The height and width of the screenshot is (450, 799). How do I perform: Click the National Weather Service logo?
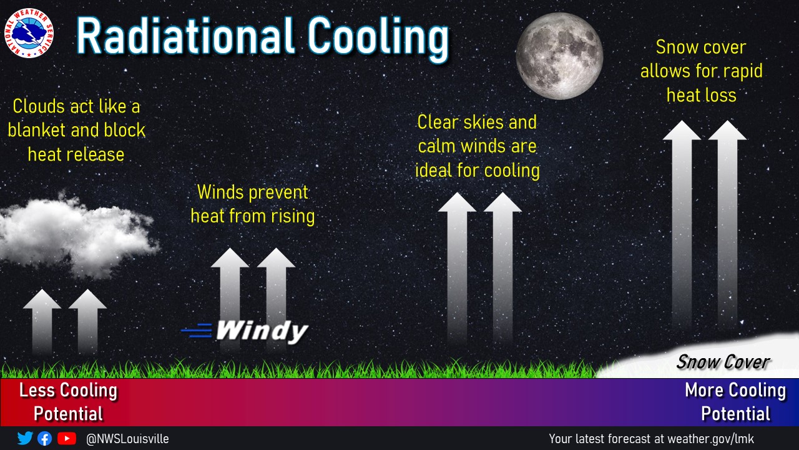[29, 33]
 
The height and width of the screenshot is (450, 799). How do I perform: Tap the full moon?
[559, 56]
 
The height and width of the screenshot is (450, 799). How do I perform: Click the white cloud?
[77, 236]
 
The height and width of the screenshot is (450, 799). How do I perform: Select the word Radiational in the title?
[185, 36]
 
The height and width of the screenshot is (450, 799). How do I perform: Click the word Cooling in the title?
[378, 39]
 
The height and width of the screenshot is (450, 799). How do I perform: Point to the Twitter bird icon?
[25, 438]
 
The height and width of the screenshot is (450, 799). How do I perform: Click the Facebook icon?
[44, 439]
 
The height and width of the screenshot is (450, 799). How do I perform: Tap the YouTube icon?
[67, 438]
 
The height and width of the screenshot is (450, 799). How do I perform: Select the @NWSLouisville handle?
[127, 439]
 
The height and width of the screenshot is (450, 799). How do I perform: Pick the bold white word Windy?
[262, 331]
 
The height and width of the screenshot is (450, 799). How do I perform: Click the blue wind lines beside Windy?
[197, 331]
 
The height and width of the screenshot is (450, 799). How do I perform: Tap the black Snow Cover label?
[723, 362]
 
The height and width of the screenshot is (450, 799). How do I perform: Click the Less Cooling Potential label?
[69, 402]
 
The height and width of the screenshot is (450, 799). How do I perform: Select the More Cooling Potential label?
[735, 402]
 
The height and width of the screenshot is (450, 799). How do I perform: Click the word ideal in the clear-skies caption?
[433, 170]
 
